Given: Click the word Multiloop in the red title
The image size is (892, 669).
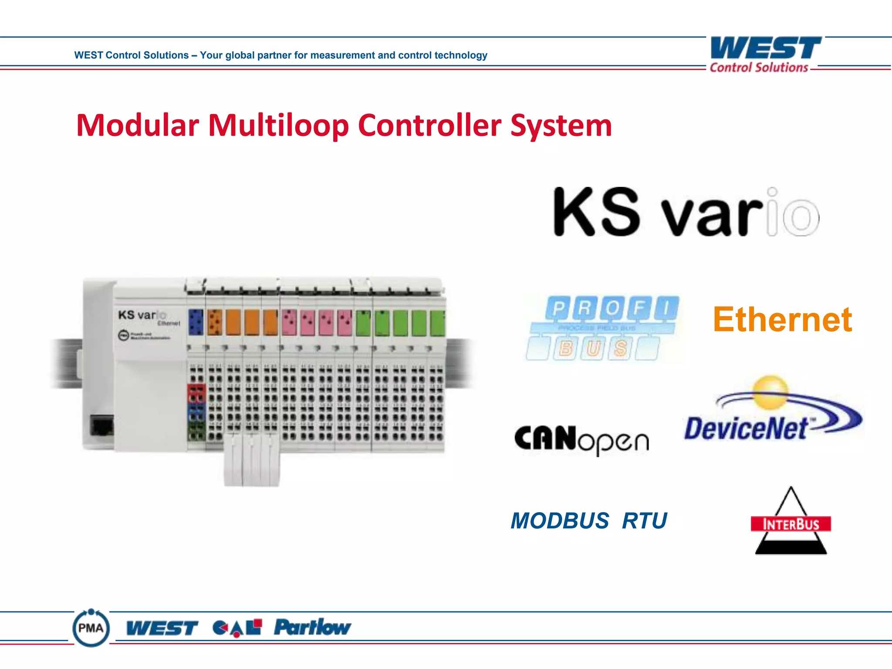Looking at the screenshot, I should [x=278, y=125].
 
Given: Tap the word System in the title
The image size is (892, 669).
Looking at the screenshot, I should [x=561, y=125].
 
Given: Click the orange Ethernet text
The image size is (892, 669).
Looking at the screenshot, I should [x=782, y=320].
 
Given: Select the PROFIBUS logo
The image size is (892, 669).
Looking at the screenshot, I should [x=603, y=328].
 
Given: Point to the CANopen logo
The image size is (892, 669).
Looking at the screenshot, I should [x=581, y=440].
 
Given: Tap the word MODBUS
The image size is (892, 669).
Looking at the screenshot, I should [x=560, y=520].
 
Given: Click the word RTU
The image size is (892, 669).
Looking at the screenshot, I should [x=644, y=520].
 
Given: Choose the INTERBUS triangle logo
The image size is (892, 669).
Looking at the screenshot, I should [x=791, y=522].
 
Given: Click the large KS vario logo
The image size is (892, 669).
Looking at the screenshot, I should [x=686, y=212].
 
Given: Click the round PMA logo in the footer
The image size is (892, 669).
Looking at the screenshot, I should [x=91, y=628].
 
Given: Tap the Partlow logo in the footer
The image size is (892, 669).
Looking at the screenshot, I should [x=312, y=627].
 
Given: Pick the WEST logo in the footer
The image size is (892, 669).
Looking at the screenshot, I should [x=162, y=628].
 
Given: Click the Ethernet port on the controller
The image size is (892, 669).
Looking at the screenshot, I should [x=102, y=425].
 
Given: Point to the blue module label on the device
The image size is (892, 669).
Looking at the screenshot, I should [x=196, y=322].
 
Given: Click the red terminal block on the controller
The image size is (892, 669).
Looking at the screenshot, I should [x=196, y=393].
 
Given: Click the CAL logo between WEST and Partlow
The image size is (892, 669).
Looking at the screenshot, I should [x=237, y=628].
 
